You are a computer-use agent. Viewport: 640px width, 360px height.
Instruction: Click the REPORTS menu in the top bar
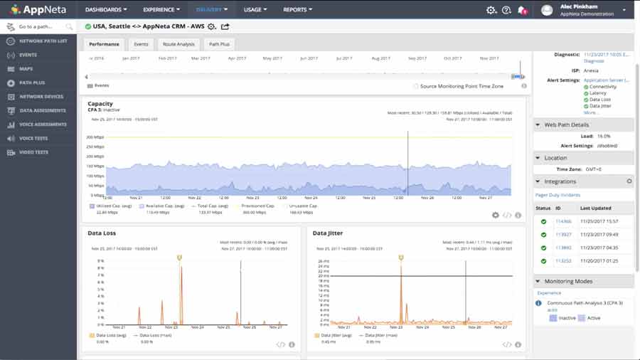coord(297,10)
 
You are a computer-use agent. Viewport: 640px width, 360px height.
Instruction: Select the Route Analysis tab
coord(178,44)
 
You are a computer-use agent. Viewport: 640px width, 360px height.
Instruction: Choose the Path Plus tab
coord(218,44)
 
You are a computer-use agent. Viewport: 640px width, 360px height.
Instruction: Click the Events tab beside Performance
coord(141,44)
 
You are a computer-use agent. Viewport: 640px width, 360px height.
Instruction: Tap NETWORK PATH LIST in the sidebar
coord(43,41)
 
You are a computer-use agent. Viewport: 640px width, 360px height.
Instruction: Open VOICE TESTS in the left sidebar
coord(33,138)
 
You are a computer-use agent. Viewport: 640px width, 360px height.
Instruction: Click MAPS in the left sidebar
coord(26,68)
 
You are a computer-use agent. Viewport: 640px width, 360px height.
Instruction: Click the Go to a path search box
coord(40,26)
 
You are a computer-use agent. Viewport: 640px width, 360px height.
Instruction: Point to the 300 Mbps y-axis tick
coord(95,137)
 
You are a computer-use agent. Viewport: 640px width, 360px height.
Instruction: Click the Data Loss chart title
coord(102,233)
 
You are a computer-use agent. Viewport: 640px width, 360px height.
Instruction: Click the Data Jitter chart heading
coord(328,233)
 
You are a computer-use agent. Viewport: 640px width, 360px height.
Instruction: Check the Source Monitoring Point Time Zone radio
coord(415,86)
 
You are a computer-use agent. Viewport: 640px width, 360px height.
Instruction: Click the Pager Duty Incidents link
coord(558,194)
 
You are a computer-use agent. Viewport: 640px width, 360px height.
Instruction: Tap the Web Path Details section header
coord(565,125)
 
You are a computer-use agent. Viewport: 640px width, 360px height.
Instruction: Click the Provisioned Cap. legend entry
coord(258,206)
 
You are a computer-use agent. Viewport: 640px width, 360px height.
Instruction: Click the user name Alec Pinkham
coord(579,6)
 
